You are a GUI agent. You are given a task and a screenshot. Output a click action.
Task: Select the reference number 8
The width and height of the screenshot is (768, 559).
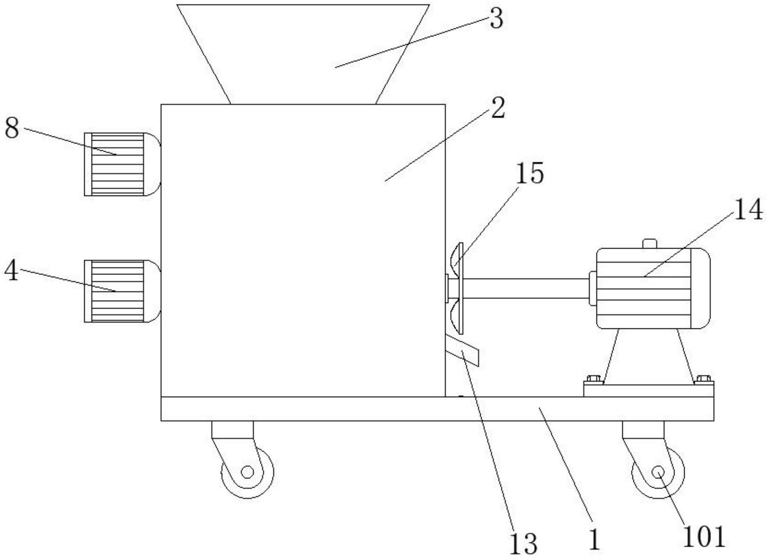pyautogui.click(x=12, y=128)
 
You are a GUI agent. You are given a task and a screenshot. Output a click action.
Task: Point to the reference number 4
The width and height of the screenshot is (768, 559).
pyautogui.click(x=12, y=271)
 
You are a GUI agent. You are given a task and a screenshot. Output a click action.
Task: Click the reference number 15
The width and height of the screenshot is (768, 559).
pyautogui.click(x=529, y=173)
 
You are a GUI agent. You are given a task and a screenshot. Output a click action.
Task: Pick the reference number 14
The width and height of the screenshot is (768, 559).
pyautogui.click(x=748, y=210)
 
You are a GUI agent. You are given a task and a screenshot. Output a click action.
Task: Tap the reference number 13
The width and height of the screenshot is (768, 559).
pyautogui.click(x=523, y=543)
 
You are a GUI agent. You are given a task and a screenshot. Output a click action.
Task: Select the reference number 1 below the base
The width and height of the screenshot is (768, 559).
pyautogui.click(x=594, y=539)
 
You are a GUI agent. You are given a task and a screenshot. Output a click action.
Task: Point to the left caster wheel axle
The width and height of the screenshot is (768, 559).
pyautogui.click(x=247, y=472)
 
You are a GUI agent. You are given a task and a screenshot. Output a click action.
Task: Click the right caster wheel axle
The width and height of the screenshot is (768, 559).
pyautogui.click(x=657, y=472)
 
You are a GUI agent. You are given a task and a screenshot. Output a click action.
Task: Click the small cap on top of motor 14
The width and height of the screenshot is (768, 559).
pyautogui.click(x=649, y=243)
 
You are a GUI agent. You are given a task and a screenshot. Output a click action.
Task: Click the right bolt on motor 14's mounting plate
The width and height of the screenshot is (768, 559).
pyautogui.click(x=704, y=378)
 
